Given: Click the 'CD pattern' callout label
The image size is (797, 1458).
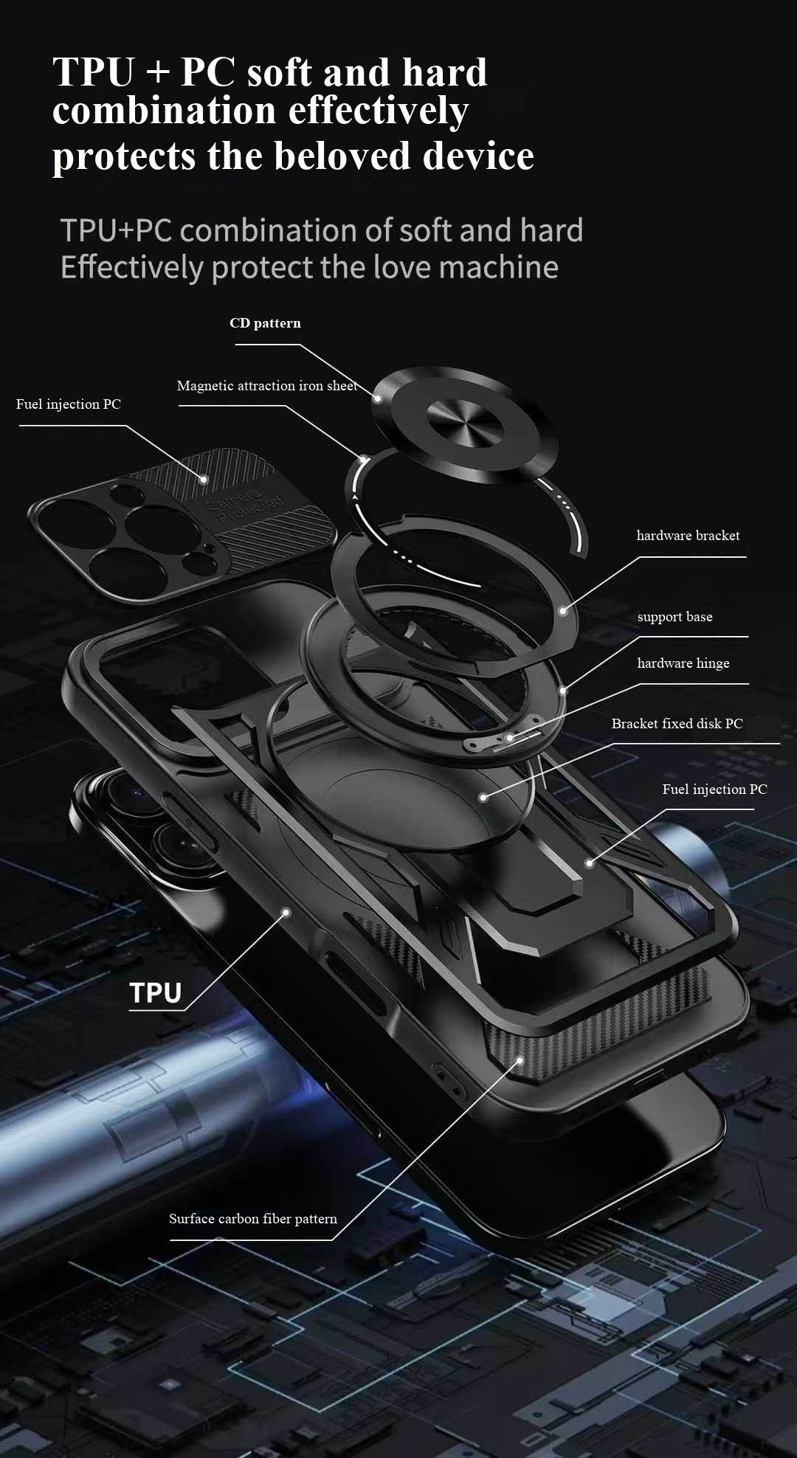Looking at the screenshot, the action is click(x=265, y=323).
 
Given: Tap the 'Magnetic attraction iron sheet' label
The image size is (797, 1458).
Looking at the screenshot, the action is click(x=267, y=386).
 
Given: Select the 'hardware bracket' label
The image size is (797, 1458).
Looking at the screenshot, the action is click(x=688, y=536).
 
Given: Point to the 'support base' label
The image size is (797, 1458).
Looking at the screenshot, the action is click(x=674, y=617).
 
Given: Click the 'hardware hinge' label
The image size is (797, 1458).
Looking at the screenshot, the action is click(x=683, y=663).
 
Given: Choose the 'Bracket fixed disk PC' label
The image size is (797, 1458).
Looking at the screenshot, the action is click(x=677, y=724).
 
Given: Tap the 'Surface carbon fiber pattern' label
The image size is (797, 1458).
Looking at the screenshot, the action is click(x=253, y=1219).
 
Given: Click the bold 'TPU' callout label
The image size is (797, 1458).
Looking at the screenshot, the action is click(x=156, y=993).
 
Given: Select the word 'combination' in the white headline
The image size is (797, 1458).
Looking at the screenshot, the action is click(x=165, y=111).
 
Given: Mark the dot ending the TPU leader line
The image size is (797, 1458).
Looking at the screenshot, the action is click(x=286, y=913).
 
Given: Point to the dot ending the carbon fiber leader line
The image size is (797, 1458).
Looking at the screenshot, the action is click(x=520, y=1061).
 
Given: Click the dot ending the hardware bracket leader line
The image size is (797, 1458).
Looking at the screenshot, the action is click(x=563, y=611).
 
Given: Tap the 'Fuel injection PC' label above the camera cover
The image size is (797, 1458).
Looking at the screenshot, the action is click(x=69, y=404).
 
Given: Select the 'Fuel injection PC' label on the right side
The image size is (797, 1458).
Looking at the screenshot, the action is click(x=715, y=790).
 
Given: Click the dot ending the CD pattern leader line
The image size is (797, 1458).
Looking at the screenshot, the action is click(x=377, y=398).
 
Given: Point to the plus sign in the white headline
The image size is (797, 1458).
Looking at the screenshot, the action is click(x=157, y=73).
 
